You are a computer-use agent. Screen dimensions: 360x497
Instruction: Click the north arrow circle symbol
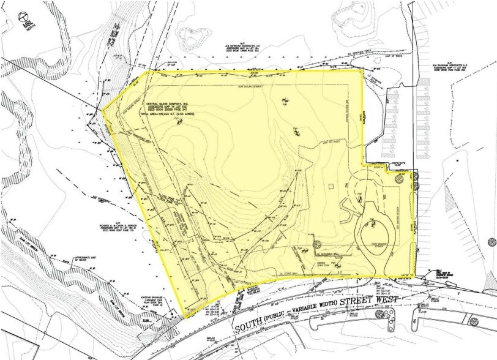[25, 17]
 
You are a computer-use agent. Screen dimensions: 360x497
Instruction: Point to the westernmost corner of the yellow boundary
[103, 113]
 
